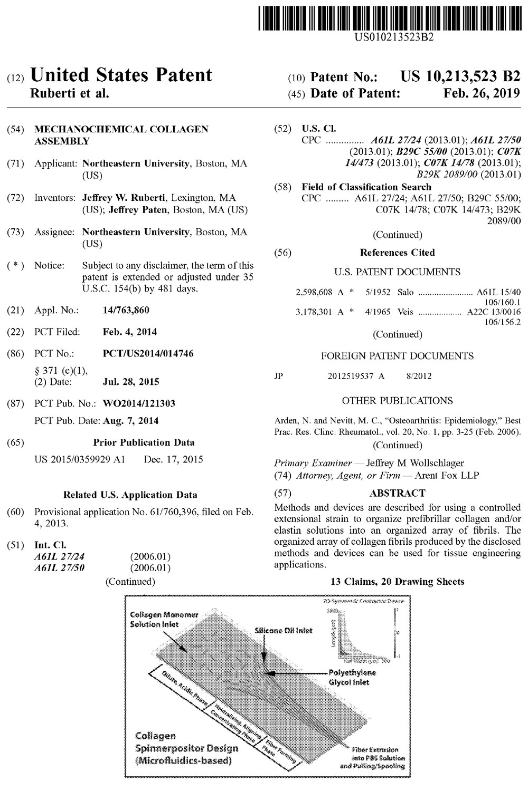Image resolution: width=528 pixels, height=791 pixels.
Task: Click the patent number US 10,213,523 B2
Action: (x=460, y=77)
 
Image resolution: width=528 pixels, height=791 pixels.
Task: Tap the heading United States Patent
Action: (x=121, y=75)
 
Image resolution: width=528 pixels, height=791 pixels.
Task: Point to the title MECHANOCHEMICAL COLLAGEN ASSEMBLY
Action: (x=121, y=135)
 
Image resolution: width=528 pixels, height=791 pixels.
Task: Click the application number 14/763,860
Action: (x=126, y=311)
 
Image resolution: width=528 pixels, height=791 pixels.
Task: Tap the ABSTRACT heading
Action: (x=397, y=494)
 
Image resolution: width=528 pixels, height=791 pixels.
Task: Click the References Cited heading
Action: (x=397, y=253)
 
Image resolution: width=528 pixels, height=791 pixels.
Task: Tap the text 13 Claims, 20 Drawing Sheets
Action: (x=397, y=582)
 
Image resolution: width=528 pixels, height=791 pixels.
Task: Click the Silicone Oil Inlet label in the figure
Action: (x=283, y=630)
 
